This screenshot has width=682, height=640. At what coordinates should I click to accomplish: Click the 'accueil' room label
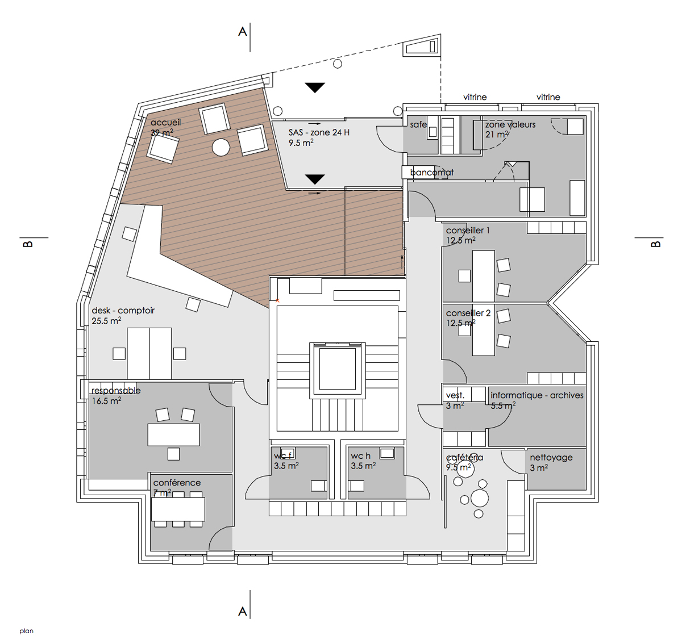(x=165, y=123)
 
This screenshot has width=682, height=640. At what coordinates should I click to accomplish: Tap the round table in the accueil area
(x=221, y=147)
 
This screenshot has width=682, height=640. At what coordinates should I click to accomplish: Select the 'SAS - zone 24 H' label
(x=319, y=132)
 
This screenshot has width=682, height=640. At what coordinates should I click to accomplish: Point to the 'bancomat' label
(x=432, y=172)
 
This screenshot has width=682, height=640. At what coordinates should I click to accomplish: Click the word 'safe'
(x=418, y=124)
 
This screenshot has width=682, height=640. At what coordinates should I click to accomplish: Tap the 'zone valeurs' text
(x=510, y=124)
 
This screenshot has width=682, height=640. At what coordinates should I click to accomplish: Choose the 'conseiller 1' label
(x=468, y=230)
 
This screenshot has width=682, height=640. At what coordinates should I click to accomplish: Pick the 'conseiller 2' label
(x=468, y=313)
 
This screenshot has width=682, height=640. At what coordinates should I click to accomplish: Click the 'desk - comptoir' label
(x=123, y=311)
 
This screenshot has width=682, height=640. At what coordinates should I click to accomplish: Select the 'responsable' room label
(x=116, y=391)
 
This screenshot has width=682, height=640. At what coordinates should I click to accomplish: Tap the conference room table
(x=178, y=509)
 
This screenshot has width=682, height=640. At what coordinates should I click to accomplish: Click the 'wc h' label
(x=360, y=455)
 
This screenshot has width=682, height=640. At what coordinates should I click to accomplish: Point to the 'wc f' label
(x=282, y=455)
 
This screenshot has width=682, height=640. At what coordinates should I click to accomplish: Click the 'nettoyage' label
(x=551, y=458)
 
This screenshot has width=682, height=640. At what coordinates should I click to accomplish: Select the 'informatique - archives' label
(x=537, y=395)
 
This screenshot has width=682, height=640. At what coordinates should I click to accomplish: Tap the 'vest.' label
(x=455, y=395)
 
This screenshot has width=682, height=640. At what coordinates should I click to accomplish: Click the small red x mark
(x=278, y=300)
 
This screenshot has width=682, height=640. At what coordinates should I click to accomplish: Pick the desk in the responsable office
(x=174, y=435)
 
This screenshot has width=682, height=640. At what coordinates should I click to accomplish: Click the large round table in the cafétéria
(x=480, y=497)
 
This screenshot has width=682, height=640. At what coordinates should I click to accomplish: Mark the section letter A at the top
(x=243, y=32)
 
